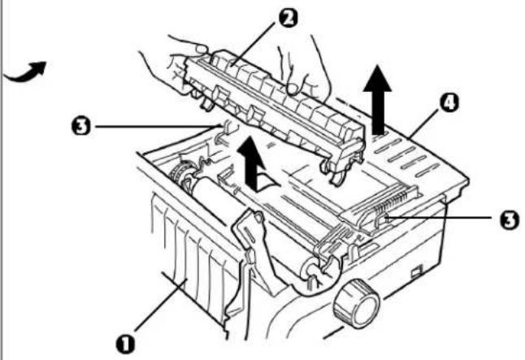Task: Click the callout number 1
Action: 125,344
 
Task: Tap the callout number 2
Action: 287,18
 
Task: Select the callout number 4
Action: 449,103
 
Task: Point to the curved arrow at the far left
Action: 26,72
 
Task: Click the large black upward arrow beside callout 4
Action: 377,99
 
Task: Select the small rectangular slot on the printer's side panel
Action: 416,271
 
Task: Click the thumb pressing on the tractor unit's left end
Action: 202,50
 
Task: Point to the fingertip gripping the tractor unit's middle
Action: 293,88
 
